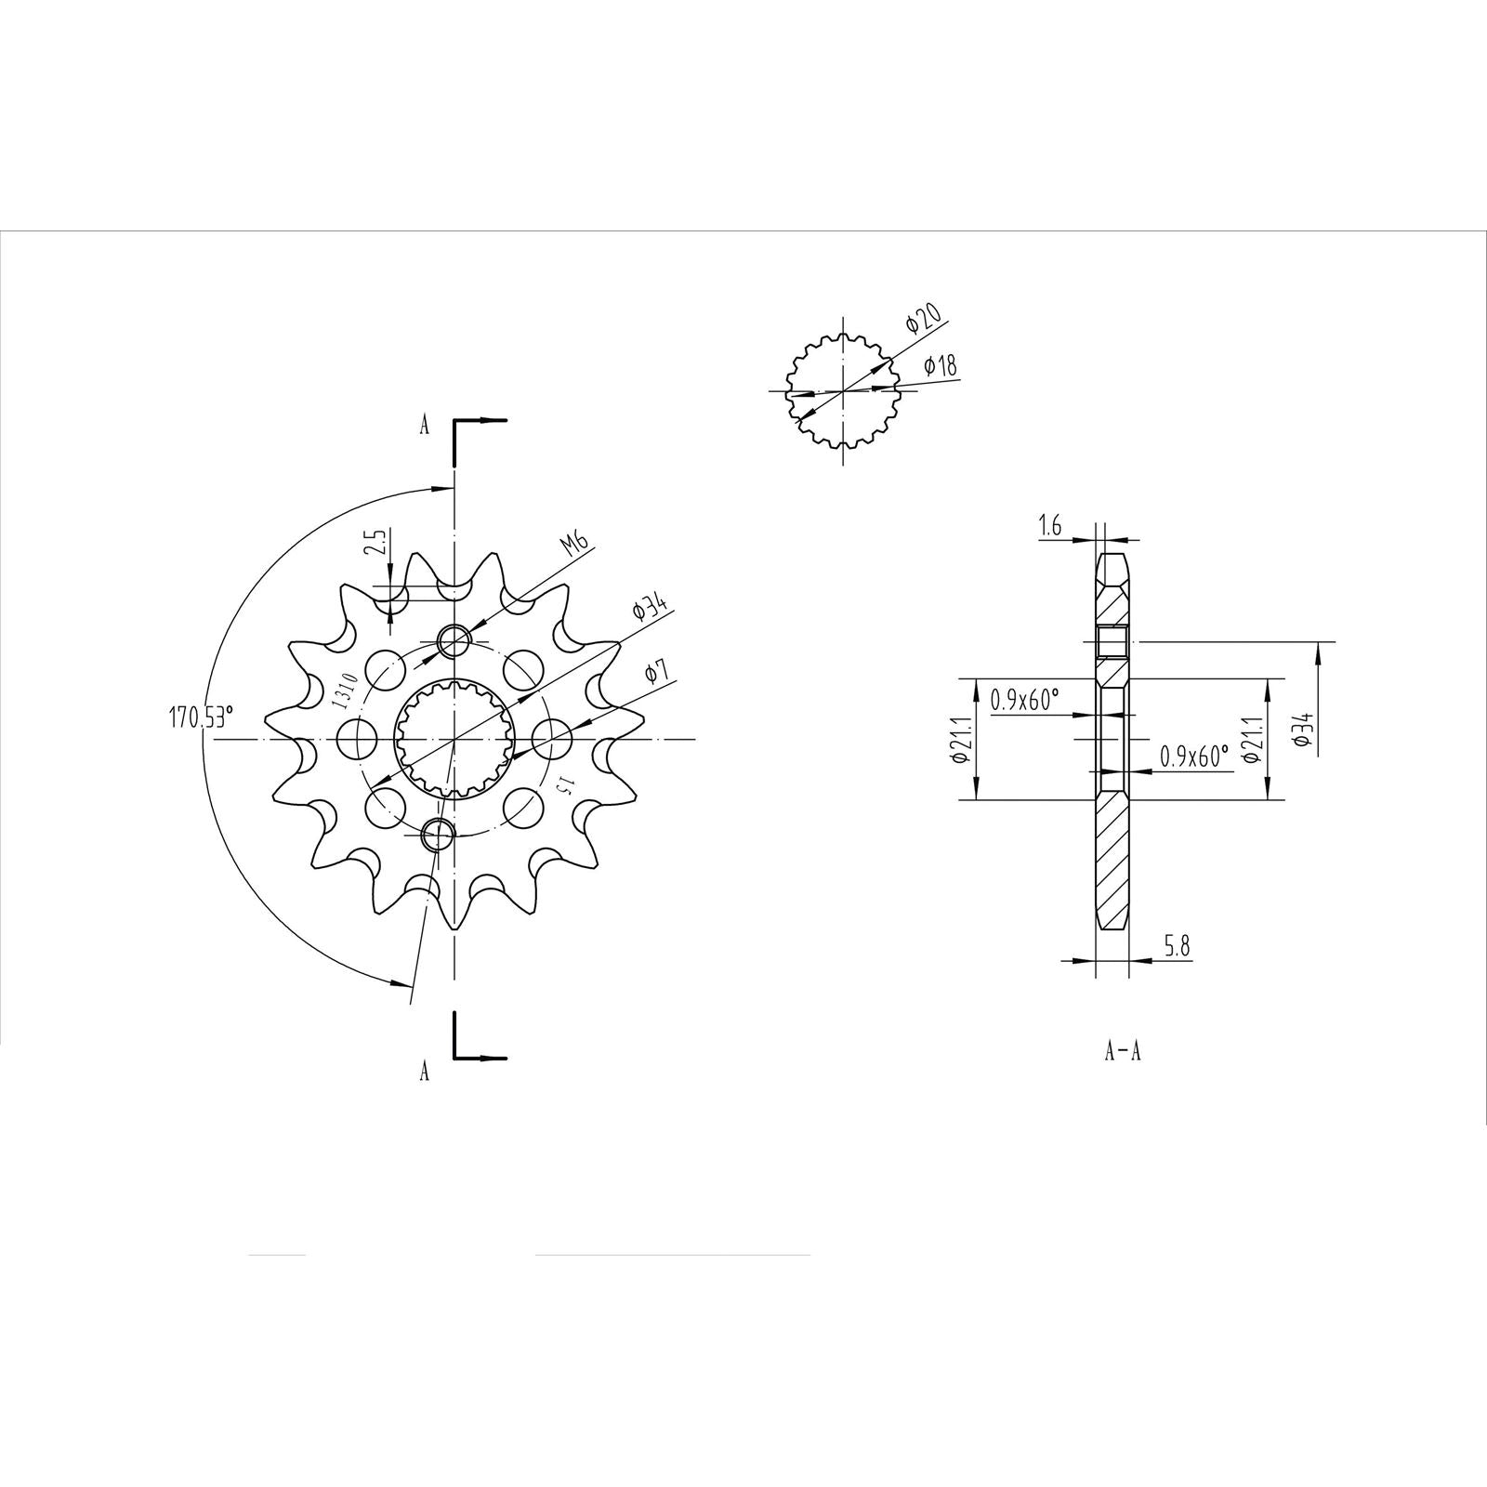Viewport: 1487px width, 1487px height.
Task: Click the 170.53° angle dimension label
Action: point(201,718)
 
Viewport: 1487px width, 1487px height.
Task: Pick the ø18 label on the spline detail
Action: point(941,367)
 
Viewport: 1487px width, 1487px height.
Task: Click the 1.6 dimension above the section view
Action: point(1050,528)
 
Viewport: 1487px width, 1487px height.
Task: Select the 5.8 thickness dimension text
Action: point(1176,947)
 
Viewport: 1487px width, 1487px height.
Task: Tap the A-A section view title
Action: point(1123,1052)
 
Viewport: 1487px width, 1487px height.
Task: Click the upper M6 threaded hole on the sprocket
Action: point(454,639)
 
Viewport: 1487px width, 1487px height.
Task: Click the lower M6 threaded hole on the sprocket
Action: point(436,835)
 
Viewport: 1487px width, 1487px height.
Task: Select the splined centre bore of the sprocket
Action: point(454,739)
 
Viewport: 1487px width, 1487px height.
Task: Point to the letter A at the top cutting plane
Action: point(425,427)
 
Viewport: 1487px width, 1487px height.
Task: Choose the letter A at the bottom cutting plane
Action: point(425,1072)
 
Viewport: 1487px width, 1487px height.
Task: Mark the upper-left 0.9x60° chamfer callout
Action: point(1024,700)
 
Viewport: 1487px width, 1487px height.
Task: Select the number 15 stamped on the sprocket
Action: point(563,783)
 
